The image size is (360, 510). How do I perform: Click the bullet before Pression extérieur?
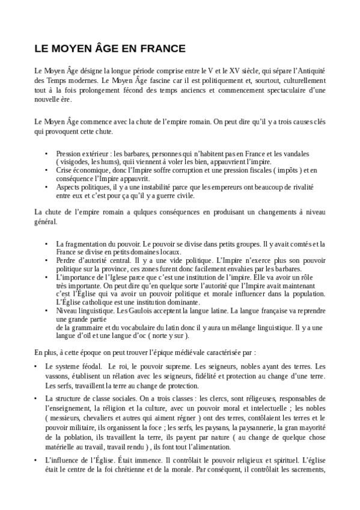tap(46, 153)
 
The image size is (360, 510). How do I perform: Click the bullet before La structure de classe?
tap(37, 398)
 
